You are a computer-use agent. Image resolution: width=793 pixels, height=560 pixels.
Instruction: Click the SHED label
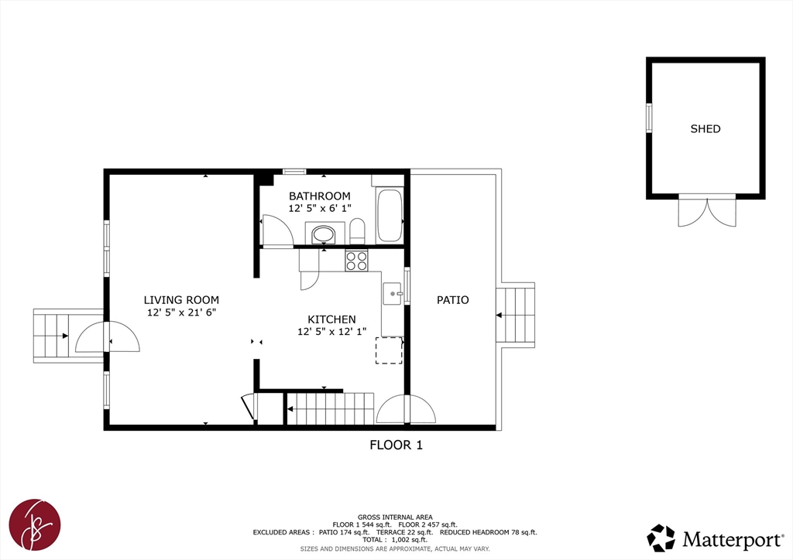[705, 128]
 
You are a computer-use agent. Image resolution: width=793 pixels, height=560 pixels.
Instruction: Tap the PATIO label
[452, 300]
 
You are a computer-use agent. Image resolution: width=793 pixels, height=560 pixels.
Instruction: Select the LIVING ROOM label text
[181, 300]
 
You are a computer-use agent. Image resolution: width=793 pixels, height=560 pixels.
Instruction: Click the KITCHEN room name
[331, 319]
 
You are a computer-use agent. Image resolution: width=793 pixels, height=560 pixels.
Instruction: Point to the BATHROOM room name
[320, 196]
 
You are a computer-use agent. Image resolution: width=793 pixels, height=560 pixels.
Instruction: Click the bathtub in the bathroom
[390, 216]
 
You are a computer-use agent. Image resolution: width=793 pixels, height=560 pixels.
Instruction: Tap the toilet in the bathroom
[357, 230]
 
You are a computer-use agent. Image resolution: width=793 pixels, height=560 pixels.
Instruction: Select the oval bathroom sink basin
[323, 234]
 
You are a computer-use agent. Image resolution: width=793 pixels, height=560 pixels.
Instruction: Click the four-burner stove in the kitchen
[356, 261]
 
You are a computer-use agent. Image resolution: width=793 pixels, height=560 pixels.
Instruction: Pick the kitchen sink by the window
[392, 293]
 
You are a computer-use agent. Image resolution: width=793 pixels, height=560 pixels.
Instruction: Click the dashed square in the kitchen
[389, 350]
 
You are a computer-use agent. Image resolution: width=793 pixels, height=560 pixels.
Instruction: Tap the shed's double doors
[707, 212]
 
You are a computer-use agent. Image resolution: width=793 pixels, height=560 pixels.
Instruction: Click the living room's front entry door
[107, 336]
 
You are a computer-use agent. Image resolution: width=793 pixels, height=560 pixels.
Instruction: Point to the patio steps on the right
[515, 315]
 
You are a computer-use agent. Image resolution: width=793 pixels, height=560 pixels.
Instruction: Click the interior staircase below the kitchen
[331, 408]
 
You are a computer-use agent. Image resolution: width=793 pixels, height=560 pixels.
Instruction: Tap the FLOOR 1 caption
[396, 445]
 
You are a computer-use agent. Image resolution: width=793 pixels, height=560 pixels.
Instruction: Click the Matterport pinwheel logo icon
[661, 538]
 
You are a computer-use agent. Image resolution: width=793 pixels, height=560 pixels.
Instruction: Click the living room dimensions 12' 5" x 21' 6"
[181, 312]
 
